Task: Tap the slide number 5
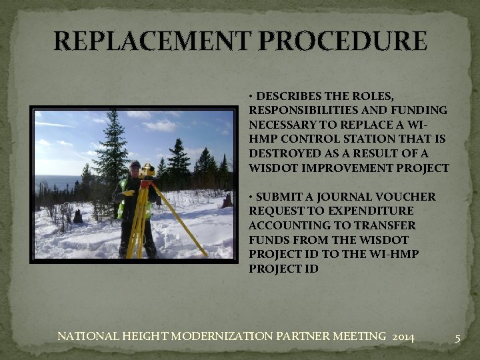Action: pyautogui.click(x=457, y=338)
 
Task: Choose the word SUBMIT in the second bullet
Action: pyautogui.click(x=277, y=197)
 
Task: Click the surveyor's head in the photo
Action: pyautogui.click(x=135, y=166)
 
